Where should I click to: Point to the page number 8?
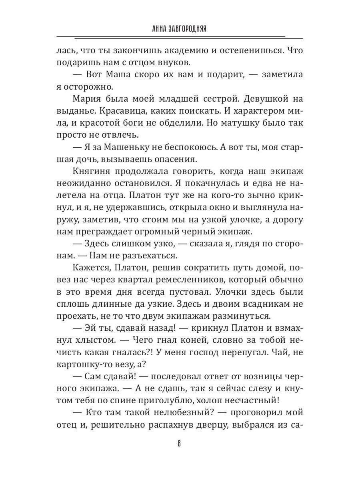(180, 444)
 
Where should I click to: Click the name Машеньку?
(130, 148)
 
